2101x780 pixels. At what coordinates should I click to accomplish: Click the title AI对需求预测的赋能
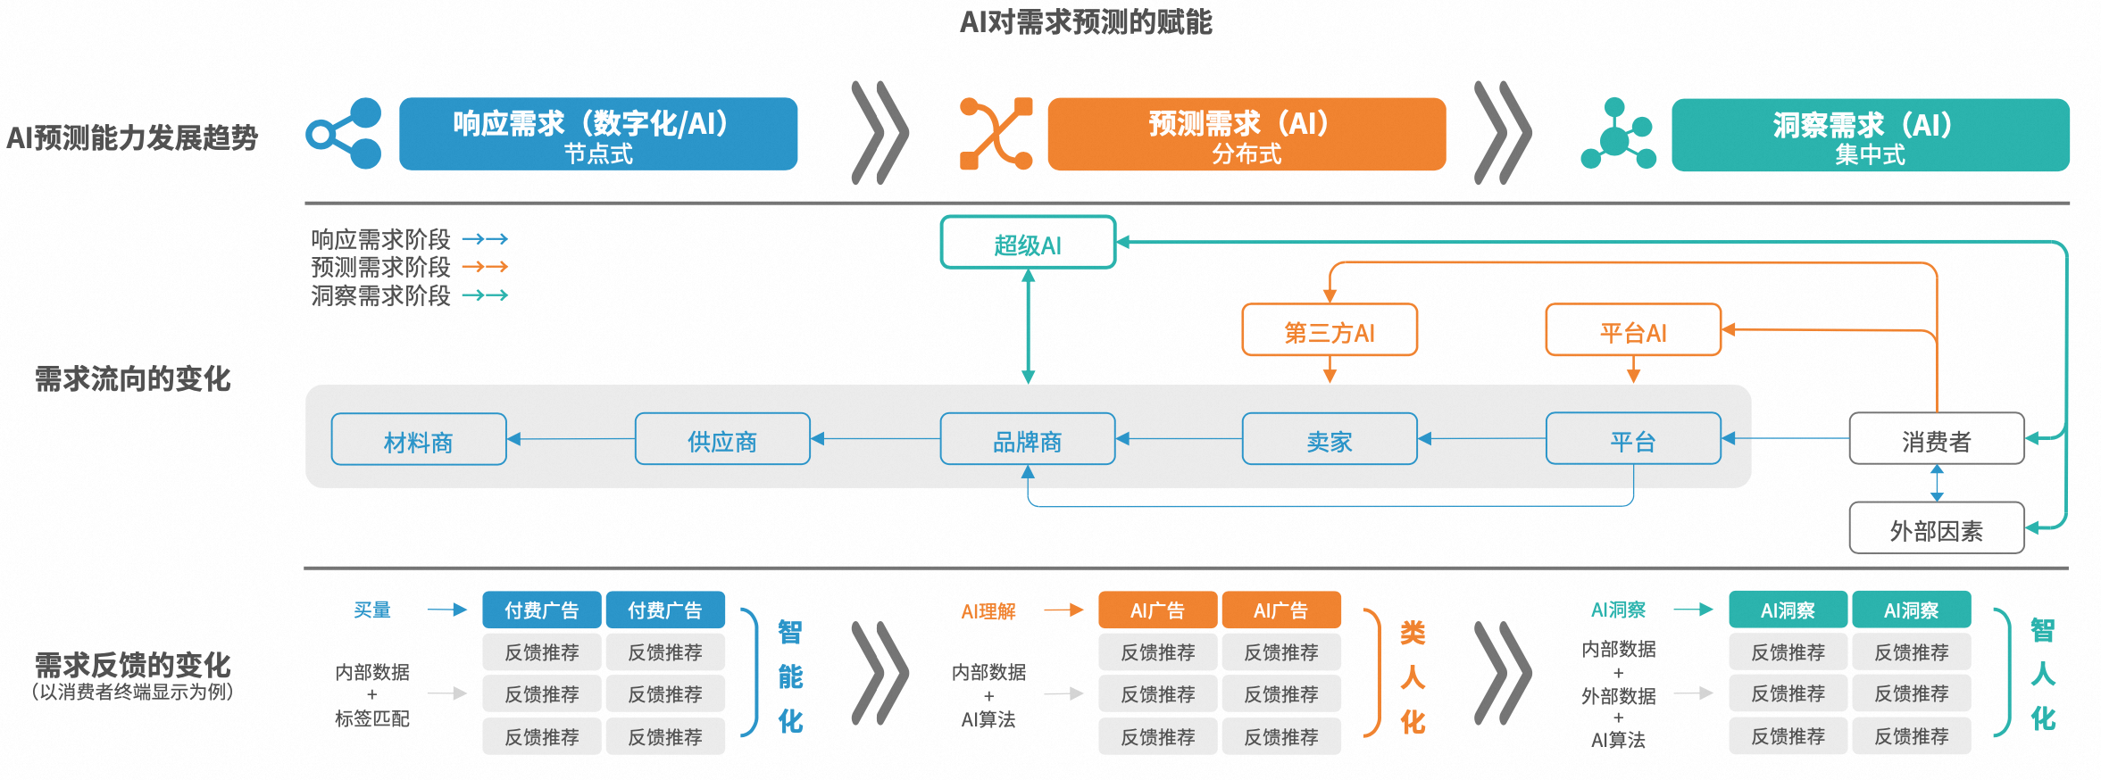pyautogui.click(x=1085, y=22)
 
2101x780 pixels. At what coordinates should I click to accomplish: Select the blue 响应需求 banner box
pyautogui.click(x=597, y=134)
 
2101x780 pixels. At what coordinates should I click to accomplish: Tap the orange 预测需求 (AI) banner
pyautogui.click(x=1246, y=134)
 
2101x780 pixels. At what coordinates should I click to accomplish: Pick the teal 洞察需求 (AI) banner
pyautogui.click(x=1870, y=135)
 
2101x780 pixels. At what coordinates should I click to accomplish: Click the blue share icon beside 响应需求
pyautogui.click(x=344, y=134)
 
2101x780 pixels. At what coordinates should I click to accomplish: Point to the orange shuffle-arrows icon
pyautogui.click(x=996, y=134)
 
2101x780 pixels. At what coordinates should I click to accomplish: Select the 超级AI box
pyautogui.click(x=1028, y=243)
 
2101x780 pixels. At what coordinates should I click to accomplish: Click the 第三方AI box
pyautogui.click(x=1330, y=331)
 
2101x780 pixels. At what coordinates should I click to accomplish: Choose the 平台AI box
pyautogui.click(x=1633, y=331)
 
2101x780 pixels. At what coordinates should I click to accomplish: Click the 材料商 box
pyautogui.click(x=419, y=440)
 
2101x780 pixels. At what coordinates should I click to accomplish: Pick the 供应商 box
pyautogui.click(x=722, y=440)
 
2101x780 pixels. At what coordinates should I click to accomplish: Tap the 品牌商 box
pyautogui.click(x=1028, y=440)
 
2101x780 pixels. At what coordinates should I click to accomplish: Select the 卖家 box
pyautogui.click(x=1330, y=440)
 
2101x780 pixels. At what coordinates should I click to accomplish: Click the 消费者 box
pyautogui.click(x=1936, y=440)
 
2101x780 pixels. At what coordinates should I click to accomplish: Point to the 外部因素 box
pyautogui.click(x=1936, y=529)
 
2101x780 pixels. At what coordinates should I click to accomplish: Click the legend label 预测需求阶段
pyautogui.click(x=380, y=267)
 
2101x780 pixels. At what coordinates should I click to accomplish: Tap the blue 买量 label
pyautogui.click(x=372, y=610)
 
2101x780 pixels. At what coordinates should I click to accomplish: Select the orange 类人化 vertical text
pyautogui.click(x=1413, y=676)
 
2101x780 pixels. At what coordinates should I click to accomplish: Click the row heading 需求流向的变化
pyautogui.click(x=132, y=379)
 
